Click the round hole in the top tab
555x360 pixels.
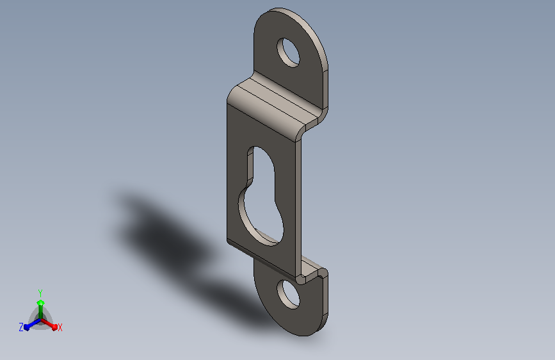tap(288, 53)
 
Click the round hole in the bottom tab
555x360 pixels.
tap(289, 294)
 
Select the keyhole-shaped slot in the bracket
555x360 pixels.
tap(261, 196)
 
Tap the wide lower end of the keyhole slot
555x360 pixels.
tap(262, 220)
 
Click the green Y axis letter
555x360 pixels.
tap(40, 293)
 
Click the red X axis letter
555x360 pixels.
tap(60, 327)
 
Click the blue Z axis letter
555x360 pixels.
tap(21, 327)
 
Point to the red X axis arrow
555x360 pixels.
tap(49, 324)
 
